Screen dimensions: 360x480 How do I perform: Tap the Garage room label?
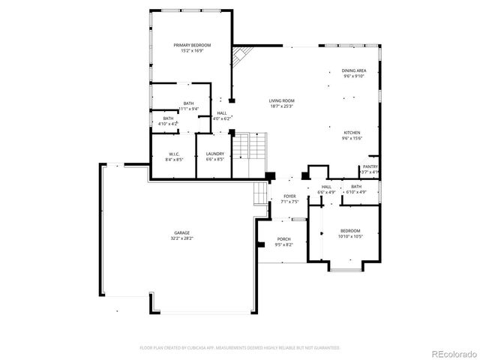pyautogui.click(x=182, y=232)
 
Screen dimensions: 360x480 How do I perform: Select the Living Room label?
pyautogui.click(x=282, y=100)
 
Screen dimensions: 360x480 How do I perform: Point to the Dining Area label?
pyautogui.click(x=354, y=70)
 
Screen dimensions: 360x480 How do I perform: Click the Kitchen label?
pyautogui.click(x=352, y=133)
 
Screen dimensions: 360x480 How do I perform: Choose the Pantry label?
pyautogui.click(x=370, y=166)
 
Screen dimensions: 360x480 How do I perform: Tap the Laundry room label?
pyautogui.click(x=215, y=154)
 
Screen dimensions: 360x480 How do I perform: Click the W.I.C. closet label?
pyautogui.click(x=172, y=154)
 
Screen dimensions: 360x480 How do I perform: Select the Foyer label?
pyautogui.click(x=289, y=196)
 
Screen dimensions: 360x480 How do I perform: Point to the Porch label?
pyautogui.click(x=283, y=239)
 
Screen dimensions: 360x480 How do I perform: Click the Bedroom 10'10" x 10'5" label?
pyautogui.click(x=350, y=231)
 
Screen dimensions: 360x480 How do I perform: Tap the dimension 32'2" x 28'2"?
pyautogui.click(x=182, y=238)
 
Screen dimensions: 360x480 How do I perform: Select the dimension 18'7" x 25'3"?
pyautogui.click(x=282, y=106)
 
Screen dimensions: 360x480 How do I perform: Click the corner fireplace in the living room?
pyautogui.click(x=240, y=58)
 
